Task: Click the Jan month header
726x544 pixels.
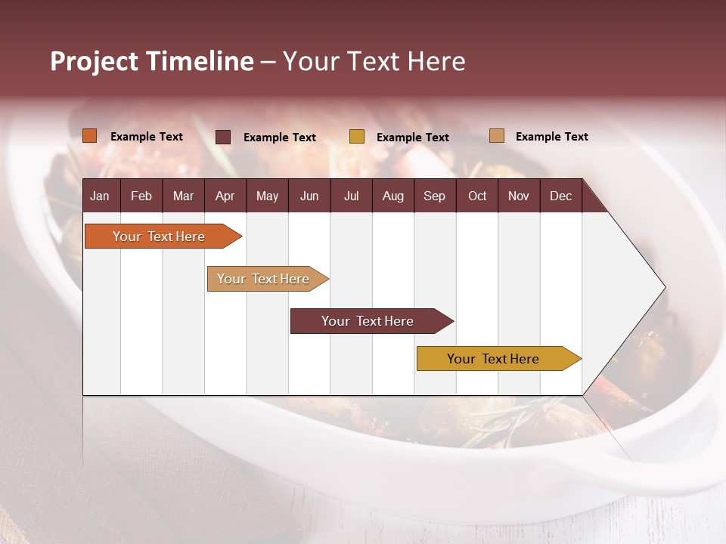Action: coord(100,196)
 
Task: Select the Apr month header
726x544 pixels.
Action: coord(225,196)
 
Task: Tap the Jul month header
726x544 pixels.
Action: coord(351,196)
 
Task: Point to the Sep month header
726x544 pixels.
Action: coord(434,196)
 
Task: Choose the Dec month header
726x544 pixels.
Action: coord(560,196)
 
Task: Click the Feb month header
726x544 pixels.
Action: coord(141,196)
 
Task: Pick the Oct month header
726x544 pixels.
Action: coord(477,196)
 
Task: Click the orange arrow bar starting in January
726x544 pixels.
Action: coord(159,236)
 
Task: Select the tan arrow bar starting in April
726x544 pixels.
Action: coord(263,279)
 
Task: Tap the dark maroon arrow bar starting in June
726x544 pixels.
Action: coord(368,321)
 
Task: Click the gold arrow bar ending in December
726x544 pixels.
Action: coord(493,359)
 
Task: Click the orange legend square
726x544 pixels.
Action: coord(90,136)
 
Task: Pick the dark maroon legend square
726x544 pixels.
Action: coord(223,137)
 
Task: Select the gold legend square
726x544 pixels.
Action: coord(357,137)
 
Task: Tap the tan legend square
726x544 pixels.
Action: coord(497,136)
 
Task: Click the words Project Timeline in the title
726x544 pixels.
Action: coord(151,61)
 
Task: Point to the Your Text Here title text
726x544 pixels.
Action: coord(374,61)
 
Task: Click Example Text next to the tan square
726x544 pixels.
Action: coord(551,137)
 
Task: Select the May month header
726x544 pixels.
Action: coord(267,196)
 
